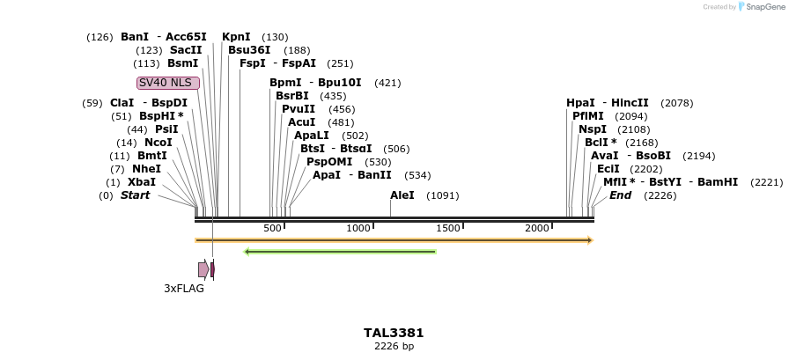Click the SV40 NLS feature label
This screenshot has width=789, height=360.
click(x=167, y=83)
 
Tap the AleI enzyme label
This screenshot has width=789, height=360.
click(x=402, y=195)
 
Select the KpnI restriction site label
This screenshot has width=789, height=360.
click(x=236, y=37)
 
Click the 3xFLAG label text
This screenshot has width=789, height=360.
click(x=184, y=288)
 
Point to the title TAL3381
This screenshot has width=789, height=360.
click(x=394, y=333)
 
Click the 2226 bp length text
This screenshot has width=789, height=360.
click(x=394, y=346)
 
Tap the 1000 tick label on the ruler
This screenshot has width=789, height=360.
click(x=358, y=228)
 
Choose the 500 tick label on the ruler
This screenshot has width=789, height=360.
click(x=272, y=228)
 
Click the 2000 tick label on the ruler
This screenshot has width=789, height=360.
click(x=537, y=228)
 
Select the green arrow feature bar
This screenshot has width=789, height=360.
click(x=340, y=252)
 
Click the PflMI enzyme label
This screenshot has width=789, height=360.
click(x=588, y=116)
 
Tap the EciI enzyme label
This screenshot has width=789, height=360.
click(x=608, y=169)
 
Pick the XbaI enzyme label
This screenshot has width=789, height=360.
click(x=142, y=182)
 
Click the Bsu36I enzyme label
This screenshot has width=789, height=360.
click(x=249, y=50)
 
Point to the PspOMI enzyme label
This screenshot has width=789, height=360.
click(x=329, y=162)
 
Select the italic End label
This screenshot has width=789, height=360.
click(x=620, y=195)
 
